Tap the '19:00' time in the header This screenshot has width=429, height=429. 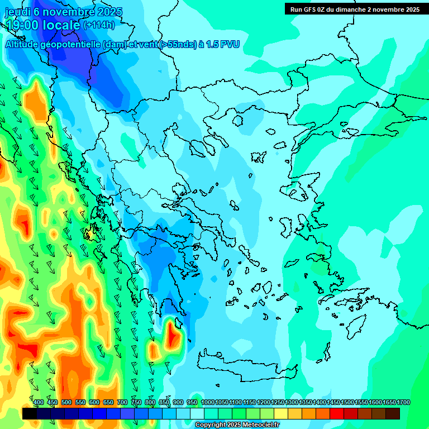pos(23,25)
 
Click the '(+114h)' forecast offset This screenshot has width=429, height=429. pos(99,25)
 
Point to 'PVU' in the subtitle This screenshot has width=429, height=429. pos(230,45)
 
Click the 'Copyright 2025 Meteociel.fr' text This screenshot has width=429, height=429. pos(237,425)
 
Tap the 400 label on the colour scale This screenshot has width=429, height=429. pos(39,403)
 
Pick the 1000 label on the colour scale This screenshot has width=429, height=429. pos(208,403)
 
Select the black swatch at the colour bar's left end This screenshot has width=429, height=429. pos(30,413)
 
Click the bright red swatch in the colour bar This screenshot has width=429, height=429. pos(337,413)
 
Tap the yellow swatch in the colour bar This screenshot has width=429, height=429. pos(281,413)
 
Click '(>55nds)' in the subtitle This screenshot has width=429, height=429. pos(178,45)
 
